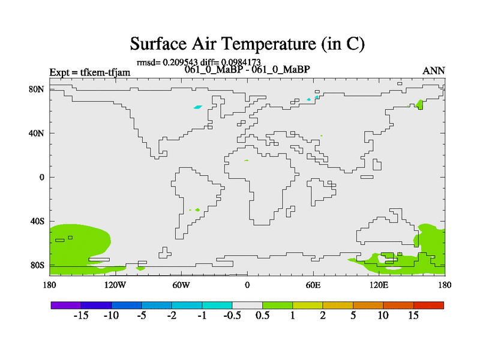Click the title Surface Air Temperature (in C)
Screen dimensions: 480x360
(247, 44)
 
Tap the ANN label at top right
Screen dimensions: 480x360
(433, 71)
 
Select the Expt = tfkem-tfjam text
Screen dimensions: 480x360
(89, 73)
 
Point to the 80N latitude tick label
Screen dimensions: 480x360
(36, 89)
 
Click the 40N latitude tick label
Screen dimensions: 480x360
(36, 133)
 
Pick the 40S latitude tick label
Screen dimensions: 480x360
(37, 221)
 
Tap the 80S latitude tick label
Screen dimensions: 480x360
(37, 265)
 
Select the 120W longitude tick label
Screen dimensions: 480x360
(115, 286)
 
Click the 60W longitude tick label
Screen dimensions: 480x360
(181, 286)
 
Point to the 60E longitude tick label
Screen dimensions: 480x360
(313, 286)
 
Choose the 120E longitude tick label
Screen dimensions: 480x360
(379, 286)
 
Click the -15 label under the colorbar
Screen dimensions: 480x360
(81, 316)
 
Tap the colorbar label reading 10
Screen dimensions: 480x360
(383, 316)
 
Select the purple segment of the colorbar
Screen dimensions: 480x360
(66, 305)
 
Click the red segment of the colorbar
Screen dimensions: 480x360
(428, 305)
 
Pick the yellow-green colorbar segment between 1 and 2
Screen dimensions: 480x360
(308, 305)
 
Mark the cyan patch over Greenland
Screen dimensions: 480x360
(198, 107)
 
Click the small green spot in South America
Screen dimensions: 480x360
(197, 210)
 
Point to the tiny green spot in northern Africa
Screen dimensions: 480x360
(247, 160)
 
